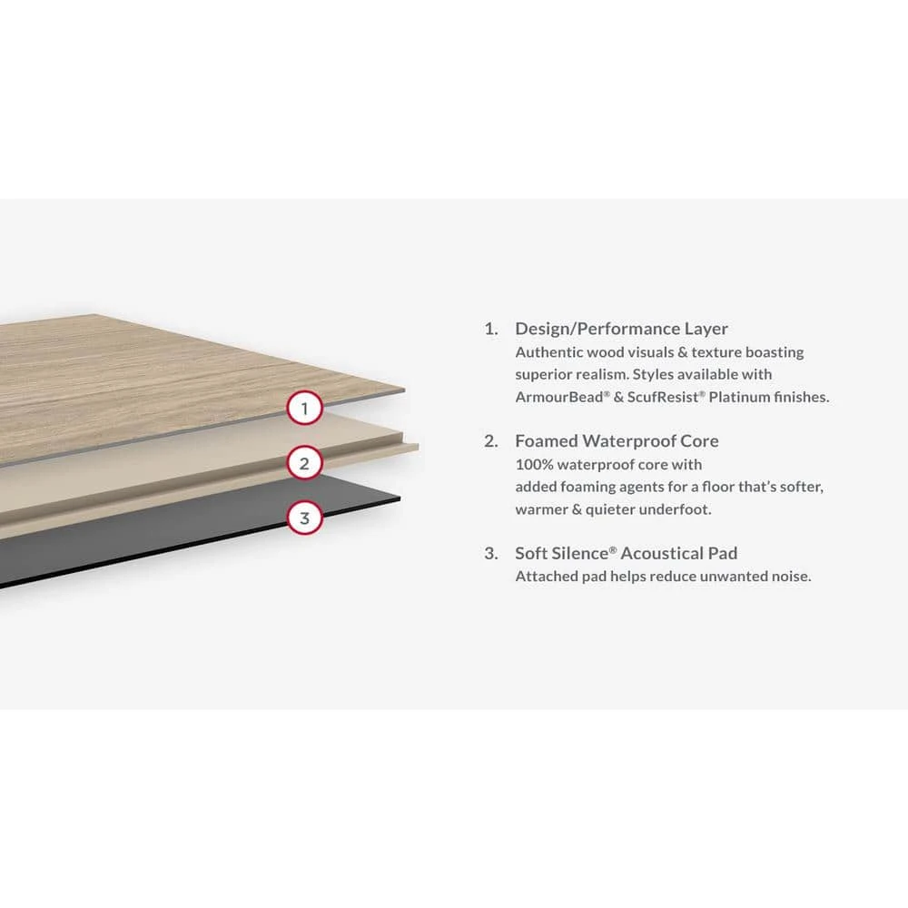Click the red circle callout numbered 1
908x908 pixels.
tap(305, 409)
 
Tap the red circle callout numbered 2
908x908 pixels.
tap(305, 464)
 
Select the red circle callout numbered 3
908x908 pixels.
tap(305, 518)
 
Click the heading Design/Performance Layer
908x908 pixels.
tap(621, 329)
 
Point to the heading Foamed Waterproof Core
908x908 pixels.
tap(617, 441)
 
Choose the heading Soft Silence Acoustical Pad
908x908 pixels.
tap(626, 553)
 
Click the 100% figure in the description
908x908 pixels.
tap(534, 465)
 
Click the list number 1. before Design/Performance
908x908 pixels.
tap(491, 329)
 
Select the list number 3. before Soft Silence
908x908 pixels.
tap(491, 553)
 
